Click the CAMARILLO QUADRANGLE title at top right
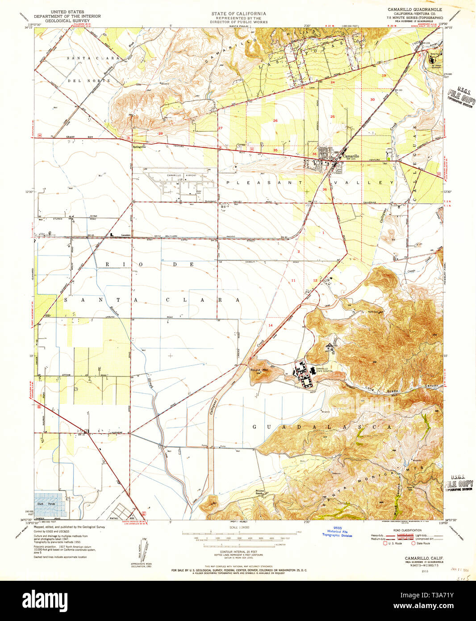tap(415, 9)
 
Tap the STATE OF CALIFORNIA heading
tap(238, 14)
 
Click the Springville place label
tap(140, 147)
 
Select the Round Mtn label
tap(259, 370)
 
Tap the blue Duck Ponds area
tap(50, 504)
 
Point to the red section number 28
tap(160, 134)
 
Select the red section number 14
tap(271, 325)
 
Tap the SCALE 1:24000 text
tap(240, 527)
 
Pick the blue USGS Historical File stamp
tap(337, 532)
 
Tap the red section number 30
tap(372, 100)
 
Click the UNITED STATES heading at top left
tap(67, 12)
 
